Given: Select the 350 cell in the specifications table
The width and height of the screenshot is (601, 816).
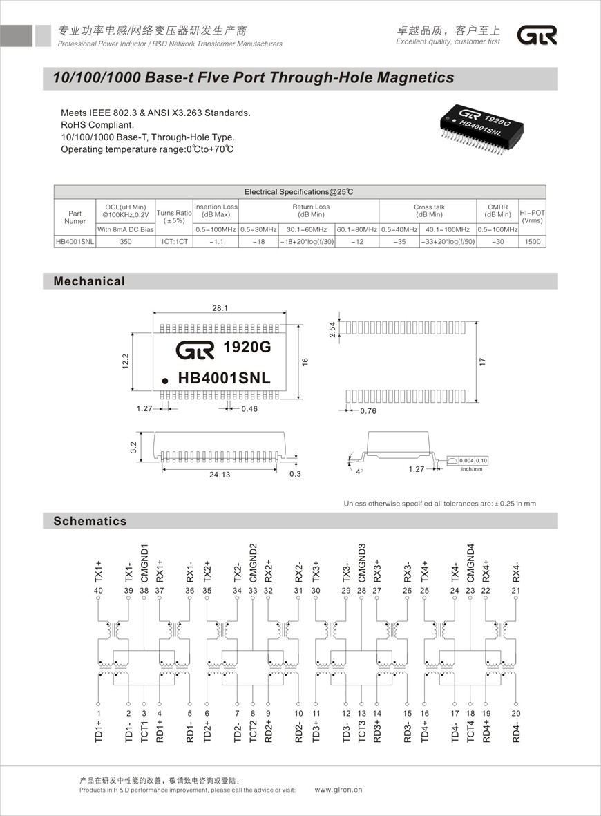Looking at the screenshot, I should tap(125, 242).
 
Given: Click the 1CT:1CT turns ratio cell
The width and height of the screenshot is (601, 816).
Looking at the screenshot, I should tap(173, 242).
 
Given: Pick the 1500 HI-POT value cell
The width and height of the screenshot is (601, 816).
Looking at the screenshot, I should tap(532, 242).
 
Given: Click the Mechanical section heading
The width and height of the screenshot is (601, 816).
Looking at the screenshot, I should tap(90, 281).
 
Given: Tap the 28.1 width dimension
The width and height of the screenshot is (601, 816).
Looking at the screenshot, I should tap(220, 309).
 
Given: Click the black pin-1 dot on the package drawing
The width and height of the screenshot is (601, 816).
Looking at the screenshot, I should tap(165, 381).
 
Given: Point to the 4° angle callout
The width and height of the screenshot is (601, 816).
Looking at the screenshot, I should tap(359, 472).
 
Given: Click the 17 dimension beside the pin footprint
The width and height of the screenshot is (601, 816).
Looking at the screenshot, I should tap(483, 361).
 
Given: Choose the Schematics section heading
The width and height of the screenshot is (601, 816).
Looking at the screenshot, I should tap(90, 521).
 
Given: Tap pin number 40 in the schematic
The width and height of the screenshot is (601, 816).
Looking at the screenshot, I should tap(98, 591).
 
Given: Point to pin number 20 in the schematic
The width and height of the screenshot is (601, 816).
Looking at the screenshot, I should tap(516, 713).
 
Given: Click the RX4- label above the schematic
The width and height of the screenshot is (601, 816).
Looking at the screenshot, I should tap(516, 571).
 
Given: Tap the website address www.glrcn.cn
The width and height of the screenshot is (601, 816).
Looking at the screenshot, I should tap(338, 789).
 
